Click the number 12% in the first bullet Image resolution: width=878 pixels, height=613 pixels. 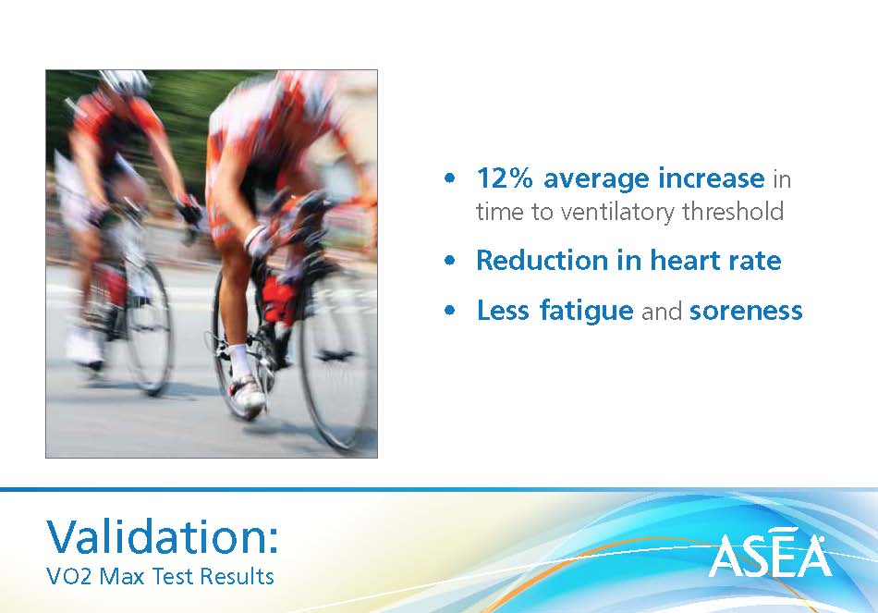pyautogui.click(x=505, y=178)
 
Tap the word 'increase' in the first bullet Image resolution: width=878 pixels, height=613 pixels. pyautogui.click(x=711, y=178)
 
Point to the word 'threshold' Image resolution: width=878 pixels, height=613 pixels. pyautogui.click(x=733, y=211)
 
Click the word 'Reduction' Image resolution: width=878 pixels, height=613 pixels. pyautogui.click(x=542, y=261)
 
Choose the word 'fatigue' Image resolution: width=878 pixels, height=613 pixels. pyautogui.click(x=586, y=311)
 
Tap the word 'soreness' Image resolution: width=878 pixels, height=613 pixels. pyautogui.click(x=746, y=312)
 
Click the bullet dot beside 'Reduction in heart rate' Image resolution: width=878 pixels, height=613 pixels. pyautogui.click(x=450, y=261)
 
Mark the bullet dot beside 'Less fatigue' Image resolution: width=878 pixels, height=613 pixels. pyautogui.click(x=450, y=311)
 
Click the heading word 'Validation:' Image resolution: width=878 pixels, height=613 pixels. pyautogui.click(x=162, y=536)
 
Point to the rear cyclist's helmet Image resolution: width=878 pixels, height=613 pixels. pyautogui.click(x=125, y=81)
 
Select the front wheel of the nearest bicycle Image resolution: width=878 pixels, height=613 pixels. pyautogui.click(x=336, y=359)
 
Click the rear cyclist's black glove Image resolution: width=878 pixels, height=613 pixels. pyautogui.click(x=189, y=210)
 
